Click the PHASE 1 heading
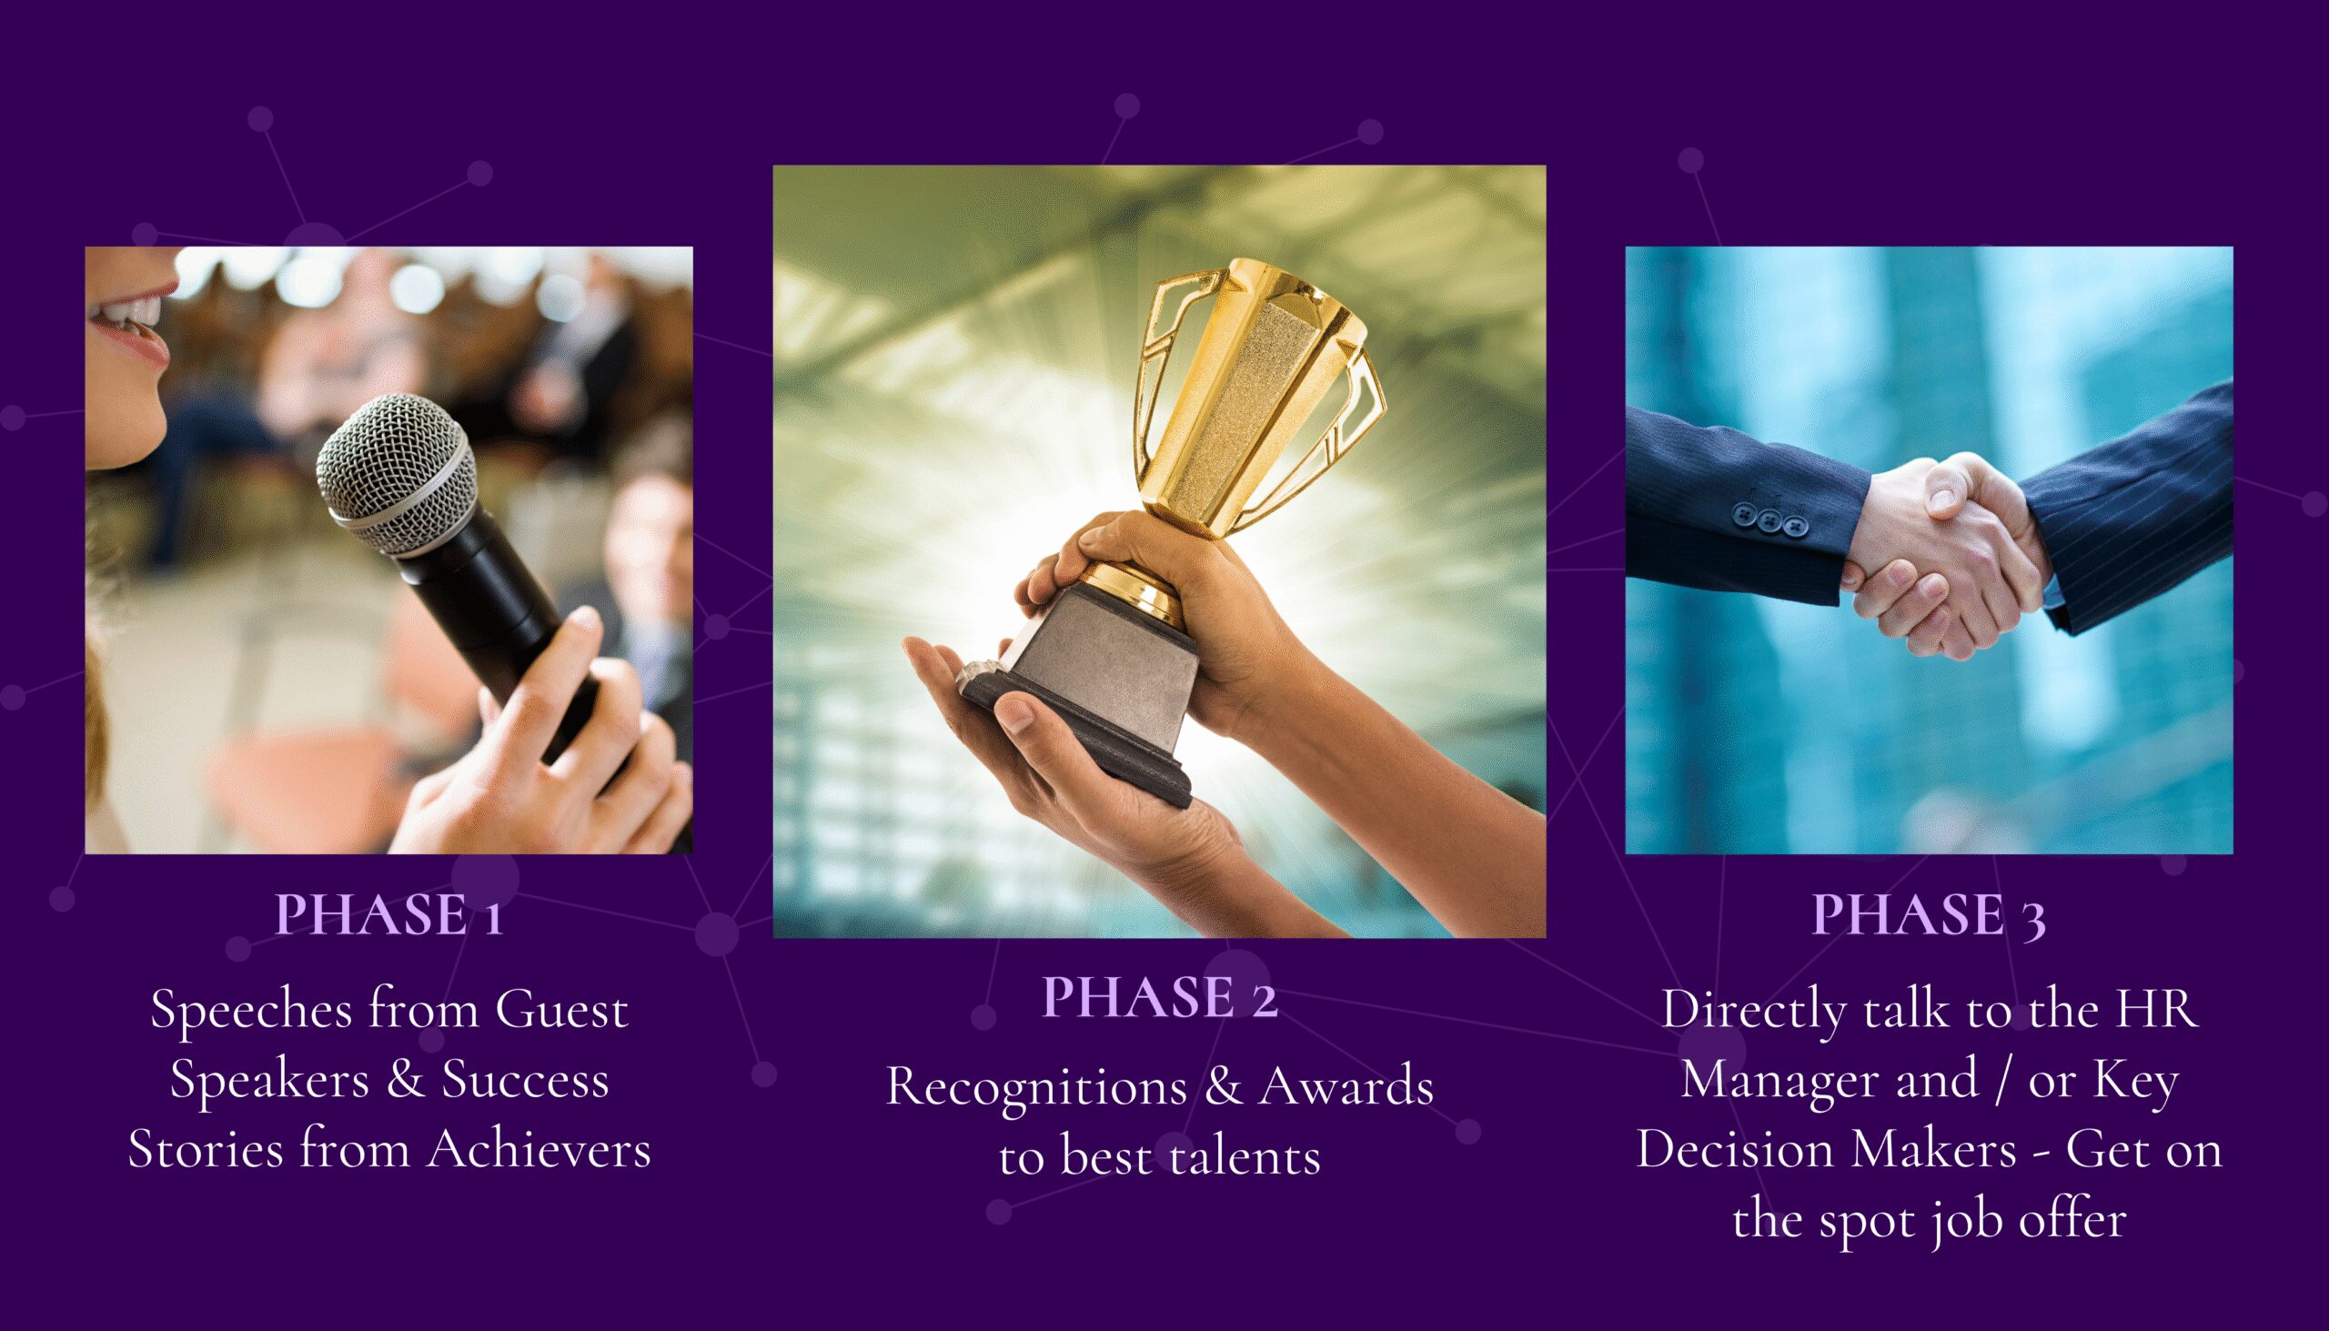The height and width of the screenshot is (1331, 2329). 389,914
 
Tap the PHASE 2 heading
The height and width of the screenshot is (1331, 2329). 1159,997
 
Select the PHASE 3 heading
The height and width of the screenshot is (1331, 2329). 1929,914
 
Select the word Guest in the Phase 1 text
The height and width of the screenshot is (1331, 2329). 562,1010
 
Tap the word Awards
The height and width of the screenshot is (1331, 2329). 1347,1087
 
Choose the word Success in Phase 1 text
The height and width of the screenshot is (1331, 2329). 526,1080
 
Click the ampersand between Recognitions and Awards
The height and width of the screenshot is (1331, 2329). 1225,1087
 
